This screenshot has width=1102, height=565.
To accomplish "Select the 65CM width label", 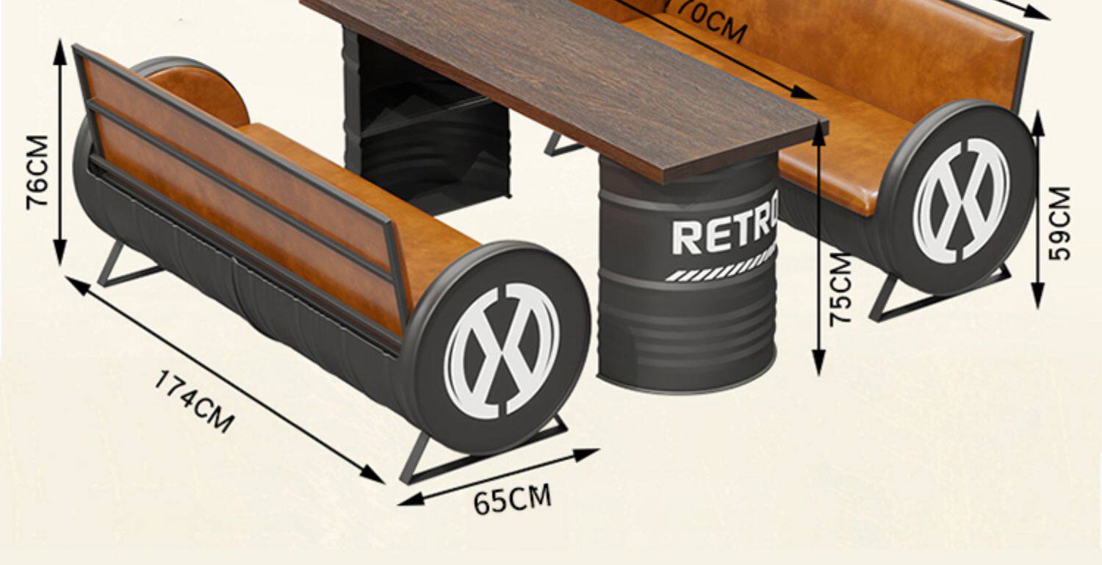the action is (x=511, y=500).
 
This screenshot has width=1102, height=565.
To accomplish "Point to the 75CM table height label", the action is (x=842, y=288).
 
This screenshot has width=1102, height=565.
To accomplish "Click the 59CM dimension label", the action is (x=1060, y=223).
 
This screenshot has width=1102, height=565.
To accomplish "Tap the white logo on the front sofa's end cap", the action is (x=502, y=350).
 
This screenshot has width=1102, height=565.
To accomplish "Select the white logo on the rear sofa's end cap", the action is (x=961, y=200).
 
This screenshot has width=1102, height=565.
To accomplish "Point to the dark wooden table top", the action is (x=573, y=73).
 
